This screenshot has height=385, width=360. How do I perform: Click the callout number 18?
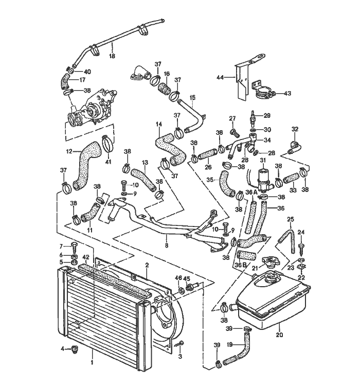[x=112, y=56]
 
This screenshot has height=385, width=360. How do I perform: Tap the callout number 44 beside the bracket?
[x=220, y=77]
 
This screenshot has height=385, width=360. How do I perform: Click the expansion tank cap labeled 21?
[x=269, y=263]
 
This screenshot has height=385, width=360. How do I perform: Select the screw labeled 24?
[x=301, y=245]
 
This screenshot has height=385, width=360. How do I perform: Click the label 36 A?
[x=251, y=192]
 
